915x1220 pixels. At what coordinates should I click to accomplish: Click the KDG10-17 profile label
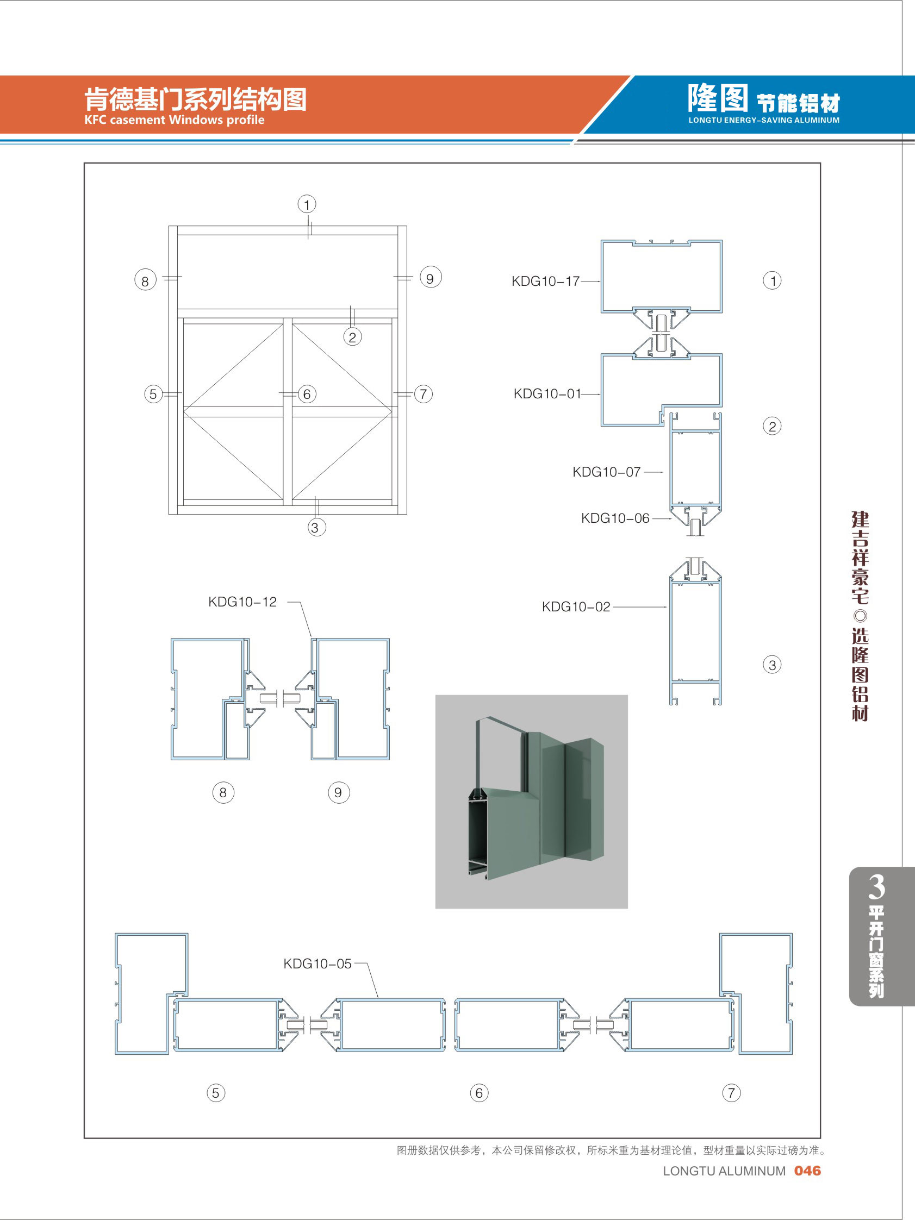[545, 281]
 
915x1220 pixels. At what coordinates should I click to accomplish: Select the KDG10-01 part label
[547, 394]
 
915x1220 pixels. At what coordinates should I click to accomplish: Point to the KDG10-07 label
[607, 472]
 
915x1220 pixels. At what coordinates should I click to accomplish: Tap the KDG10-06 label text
[615, 518]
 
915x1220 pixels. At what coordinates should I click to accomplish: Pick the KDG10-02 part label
[576, 606]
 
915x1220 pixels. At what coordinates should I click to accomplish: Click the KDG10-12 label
[242, 602]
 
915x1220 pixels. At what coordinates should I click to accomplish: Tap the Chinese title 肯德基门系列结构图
[195, 99]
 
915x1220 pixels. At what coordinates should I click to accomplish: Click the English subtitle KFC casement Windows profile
[175, 120]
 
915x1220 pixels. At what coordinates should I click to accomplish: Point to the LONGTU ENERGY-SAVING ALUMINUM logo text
[764, 120]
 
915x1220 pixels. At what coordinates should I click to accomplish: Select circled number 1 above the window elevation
[307, 205]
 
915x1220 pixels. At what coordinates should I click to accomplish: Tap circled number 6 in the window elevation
[307, 394]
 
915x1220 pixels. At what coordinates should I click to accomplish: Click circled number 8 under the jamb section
[223, 792]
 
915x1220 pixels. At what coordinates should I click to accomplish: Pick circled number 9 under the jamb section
[338, 792]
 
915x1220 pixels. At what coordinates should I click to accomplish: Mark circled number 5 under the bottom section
[216, 1093]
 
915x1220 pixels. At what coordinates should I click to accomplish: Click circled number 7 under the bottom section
[731, 1093]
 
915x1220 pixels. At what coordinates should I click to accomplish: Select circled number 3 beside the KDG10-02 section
[772, 665]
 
